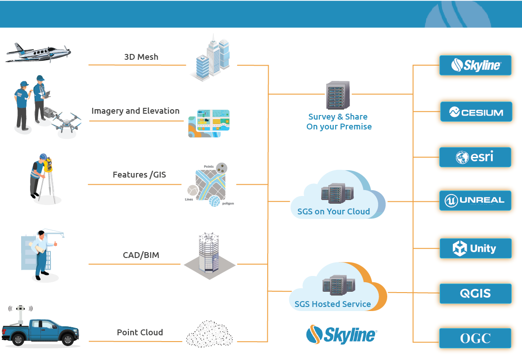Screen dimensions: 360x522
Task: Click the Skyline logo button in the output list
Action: (475, 66)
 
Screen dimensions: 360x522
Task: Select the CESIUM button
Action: (475, 112)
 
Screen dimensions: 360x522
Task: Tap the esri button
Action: (475, 157)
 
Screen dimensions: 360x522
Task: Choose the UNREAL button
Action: (475, 200)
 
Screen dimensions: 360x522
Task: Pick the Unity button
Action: (475, 248)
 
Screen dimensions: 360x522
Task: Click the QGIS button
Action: (475, 293)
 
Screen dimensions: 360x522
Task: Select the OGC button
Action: (475, 338)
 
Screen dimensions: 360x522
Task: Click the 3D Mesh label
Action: (141, 57)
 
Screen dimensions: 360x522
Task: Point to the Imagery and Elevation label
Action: (135, 111)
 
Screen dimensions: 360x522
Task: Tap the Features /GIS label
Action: (139, 174)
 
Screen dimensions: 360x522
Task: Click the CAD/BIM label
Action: (141, 255)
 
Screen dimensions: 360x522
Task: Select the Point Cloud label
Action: (140, 333)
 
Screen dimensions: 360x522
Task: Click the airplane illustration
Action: (38, 53)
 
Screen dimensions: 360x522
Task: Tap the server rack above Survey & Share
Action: (338, 95)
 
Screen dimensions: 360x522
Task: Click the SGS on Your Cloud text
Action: (333, 211)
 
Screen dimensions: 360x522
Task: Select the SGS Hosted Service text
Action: (332, 304)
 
